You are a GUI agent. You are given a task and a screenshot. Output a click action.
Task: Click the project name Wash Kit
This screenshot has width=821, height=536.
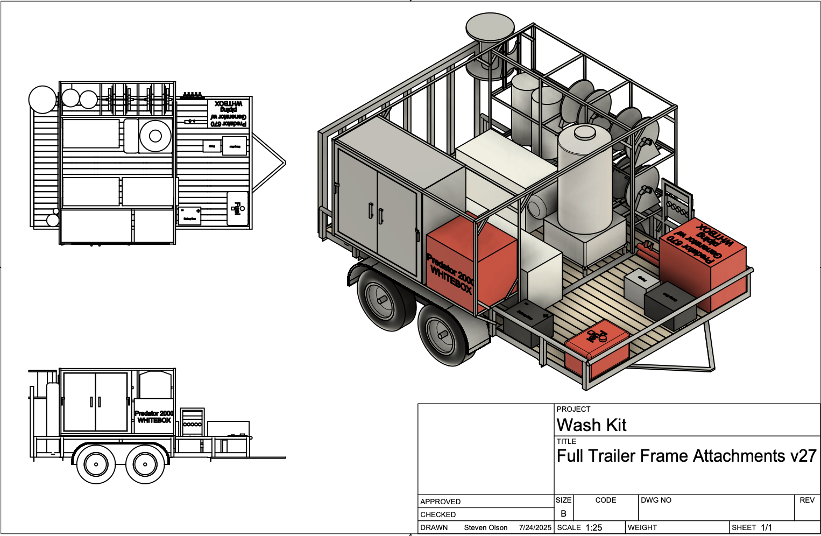pyautogui.click(x=591, y=425)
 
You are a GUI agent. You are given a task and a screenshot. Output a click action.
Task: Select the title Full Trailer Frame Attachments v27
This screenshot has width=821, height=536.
pyautogui.click(x=686, y=456)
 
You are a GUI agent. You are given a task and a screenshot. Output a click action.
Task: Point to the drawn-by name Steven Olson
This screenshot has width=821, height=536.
pyautogui.click(x=485, y=527)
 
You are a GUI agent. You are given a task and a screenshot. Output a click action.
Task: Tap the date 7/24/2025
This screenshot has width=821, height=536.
pyautogui.click(x=535, y=527)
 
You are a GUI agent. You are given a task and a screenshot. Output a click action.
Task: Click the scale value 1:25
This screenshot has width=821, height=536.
pyautogui.click(x=593, y=527)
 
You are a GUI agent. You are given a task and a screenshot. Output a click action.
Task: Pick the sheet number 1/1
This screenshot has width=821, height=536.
pyautogui.click(x=766, y=527)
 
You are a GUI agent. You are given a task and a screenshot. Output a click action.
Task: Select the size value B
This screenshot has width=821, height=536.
pyautogui.click(x=563, y=513)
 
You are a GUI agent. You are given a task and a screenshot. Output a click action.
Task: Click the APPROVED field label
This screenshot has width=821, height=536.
pyautogui.click(x=440, y=502)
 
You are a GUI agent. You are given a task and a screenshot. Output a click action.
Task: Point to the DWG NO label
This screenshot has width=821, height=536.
pyautogui.click(x=656, y=500)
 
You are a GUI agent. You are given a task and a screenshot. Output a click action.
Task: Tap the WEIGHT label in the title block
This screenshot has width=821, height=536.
pyautogui.click(x=642, y=527)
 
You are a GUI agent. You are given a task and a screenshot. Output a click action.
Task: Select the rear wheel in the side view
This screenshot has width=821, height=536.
pyautogui.click(x=96, y=464)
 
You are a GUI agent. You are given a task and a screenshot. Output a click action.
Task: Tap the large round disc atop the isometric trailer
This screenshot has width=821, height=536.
pyautogui.click(x=490, y=27)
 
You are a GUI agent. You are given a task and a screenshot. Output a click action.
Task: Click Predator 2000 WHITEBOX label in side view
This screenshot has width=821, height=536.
pyautogui.click(x=154, y=417)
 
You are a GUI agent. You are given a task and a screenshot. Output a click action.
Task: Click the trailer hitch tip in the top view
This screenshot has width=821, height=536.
pyautogui.click(x=284, y=163)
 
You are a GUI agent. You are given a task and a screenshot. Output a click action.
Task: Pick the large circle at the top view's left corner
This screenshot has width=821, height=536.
pyautogui.click(x=42, y=100)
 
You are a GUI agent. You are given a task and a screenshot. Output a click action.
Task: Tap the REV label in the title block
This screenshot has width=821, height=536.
pyautogui.click(x=806, y=500)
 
